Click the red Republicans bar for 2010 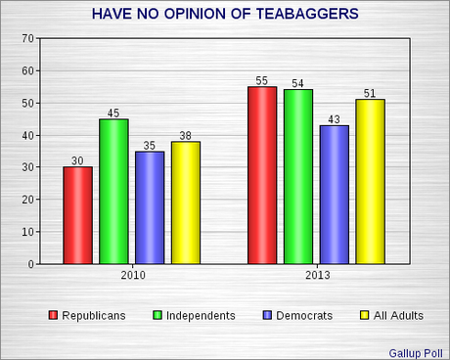coord(77,215)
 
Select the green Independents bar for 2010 coord(113,192)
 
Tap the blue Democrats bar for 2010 coord(150,207)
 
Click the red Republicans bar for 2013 coord(262,175)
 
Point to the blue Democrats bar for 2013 coord(335,195)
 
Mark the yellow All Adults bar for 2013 coord(370,182)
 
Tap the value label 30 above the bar coord(77,159)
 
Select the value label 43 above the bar coord(335,118)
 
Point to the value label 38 coord(185,134)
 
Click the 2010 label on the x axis coord(131,277)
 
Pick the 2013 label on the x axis coord(316,277)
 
